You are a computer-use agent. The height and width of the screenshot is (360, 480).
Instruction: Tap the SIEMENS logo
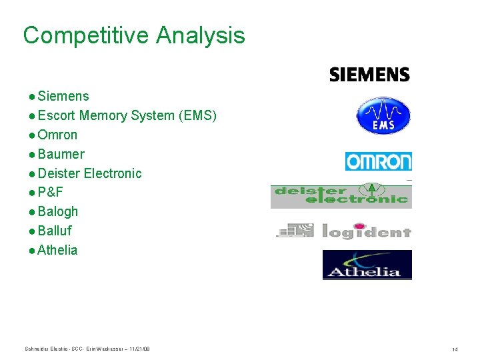(369, 74)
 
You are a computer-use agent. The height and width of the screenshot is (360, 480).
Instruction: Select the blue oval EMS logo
(383, 115)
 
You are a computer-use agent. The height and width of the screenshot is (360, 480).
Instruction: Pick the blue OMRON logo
(378, 161)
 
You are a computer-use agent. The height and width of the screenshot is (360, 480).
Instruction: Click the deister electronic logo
(341, 195)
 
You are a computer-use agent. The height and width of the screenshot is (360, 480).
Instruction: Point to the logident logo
(344, 231)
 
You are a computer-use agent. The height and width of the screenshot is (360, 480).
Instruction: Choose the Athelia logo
(367, 265)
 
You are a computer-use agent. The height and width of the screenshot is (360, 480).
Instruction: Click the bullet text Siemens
(63, 97)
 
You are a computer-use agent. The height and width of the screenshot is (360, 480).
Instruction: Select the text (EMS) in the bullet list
(197, 116)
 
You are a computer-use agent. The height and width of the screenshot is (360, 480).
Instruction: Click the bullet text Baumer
(61, 155)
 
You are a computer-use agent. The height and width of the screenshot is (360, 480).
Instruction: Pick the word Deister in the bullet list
(60, 174)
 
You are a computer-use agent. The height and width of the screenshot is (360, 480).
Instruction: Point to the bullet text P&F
(50, 193)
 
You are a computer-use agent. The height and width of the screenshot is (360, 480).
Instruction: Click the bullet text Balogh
(58, 212)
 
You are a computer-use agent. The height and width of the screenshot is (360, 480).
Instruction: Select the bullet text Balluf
(55, 231)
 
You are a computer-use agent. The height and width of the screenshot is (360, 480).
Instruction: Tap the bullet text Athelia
(57, 251)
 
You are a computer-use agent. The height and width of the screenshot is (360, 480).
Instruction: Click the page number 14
(455, 349)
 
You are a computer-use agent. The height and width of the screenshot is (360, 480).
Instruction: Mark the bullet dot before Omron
(32, 135)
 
